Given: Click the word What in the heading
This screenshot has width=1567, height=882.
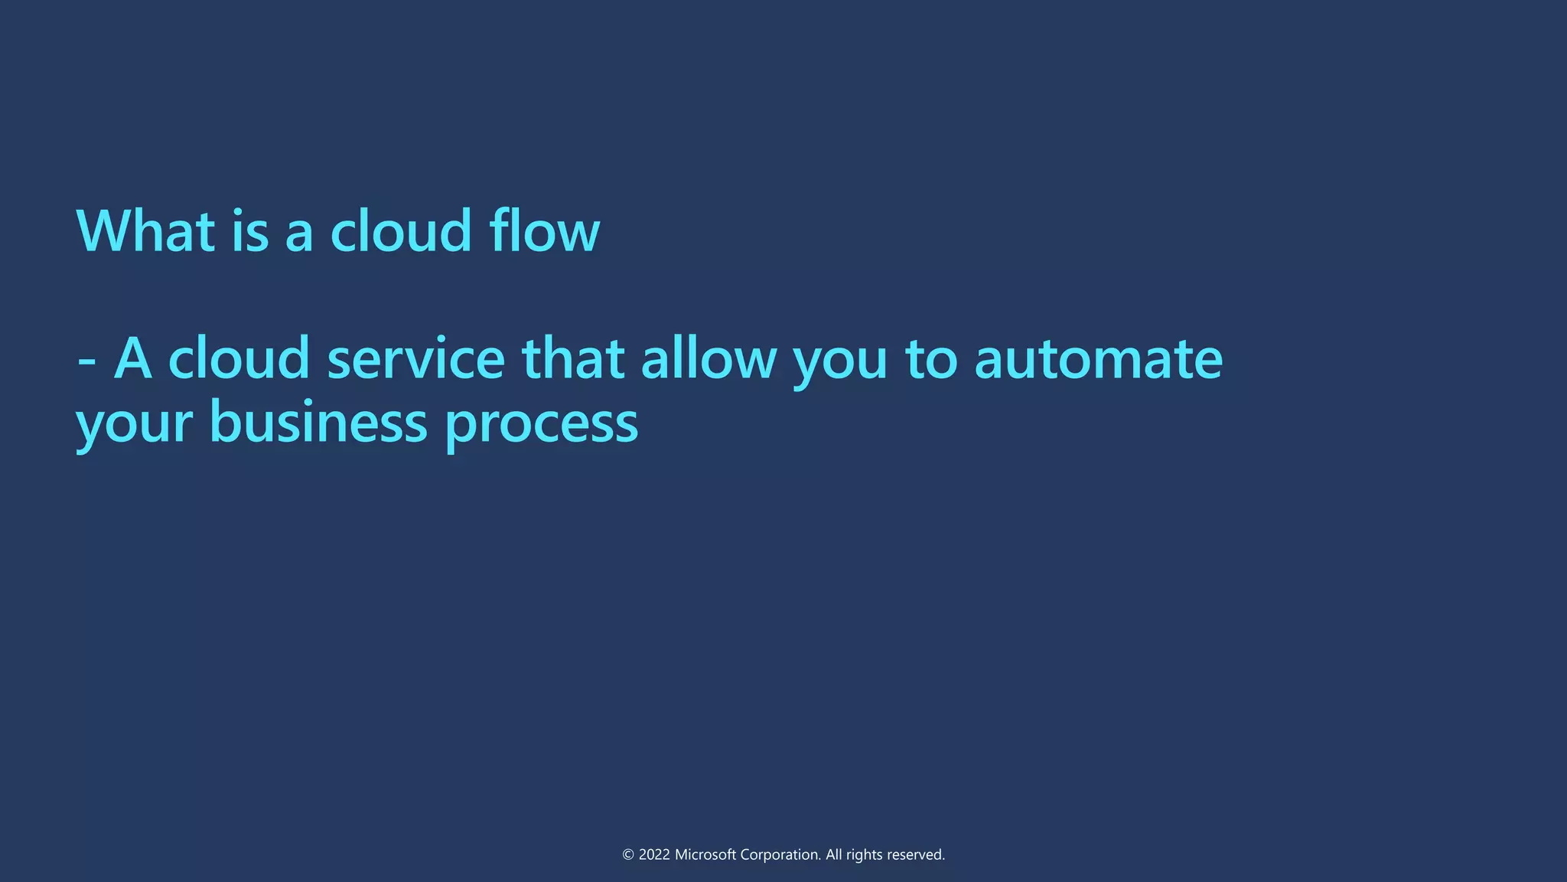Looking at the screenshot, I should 145,230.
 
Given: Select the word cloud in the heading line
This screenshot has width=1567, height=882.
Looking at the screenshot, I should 401,230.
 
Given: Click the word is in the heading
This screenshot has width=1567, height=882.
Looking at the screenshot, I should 249,230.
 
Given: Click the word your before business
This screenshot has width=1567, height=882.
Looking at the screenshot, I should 134,424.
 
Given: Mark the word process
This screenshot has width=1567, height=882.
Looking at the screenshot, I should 541,424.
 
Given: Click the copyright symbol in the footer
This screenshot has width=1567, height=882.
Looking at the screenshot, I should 628,854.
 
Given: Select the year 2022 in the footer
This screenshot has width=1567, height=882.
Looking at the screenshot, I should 654,854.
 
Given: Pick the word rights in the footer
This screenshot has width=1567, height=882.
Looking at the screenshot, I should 864,854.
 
